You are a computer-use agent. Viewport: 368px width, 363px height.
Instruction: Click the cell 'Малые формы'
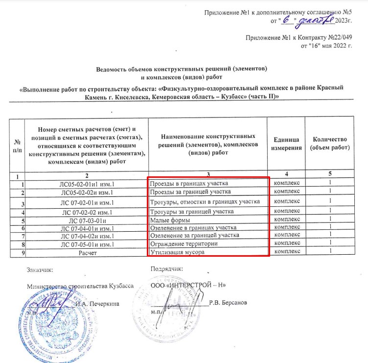pos(167,220)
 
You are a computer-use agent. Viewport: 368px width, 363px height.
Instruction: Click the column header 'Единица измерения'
pos(287,144)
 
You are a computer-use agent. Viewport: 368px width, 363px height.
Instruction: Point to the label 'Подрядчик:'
pos(167,268)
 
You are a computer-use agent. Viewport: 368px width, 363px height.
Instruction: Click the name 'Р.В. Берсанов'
pos(228,303)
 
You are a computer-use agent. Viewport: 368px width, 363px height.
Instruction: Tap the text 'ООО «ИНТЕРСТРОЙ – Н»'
pos(188,285)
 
